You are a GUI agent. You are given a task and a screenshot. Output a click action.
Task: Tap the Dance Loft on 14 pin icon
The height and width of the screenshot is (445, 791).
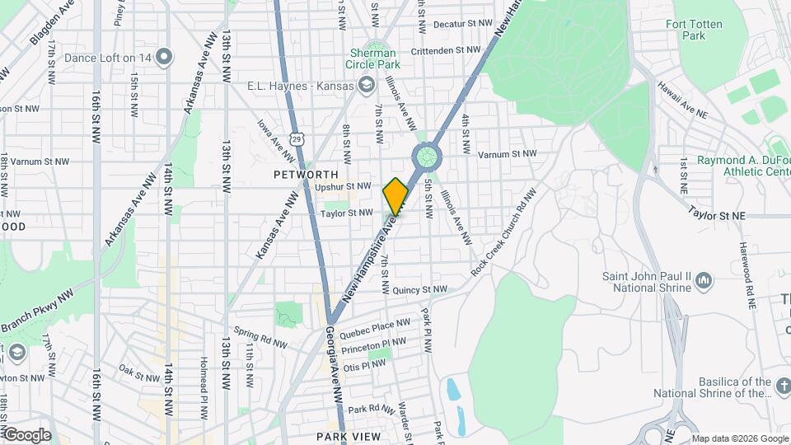165,57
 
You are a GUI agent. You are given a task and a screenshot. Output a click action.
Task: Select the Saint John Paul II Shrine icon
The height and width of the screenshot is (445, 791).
703,282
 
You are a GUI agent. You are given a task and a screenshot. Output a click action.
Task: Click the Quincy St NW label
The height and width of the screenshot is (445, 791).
419,290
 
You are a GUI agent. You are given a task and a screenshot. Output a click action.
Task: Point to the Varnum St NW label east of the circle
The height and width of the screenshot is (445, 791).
507,154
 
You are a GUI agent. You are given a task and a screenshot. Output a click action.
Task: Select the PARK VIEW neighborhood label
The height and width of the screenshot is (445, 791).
349,436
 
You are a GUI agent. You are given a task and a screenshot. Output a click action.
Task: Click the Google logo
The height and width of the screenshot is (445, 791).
26,435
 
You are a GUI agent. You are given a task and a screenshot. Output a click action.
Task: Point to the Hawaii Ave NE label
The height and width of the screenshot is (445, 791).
682,105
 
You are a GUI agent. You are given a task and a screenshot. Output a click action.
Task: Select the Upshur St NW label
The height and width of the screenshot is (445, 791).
343,186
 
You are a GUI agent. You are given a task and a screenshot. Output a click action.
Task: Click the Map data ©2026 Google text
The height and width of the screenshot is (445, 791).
739,438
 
